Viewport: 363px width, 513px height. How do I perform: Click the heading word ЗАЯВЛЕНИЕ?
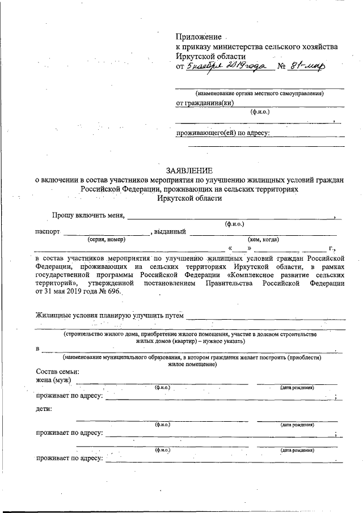tap(189, 170)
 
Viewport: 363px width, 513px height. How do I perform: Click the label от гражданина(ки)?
tap(205, 103)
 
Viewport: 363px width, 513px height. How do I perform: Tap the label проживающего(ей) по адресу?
tap(222, 133)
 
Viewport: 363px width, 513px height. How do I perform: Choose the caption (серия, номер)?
tap(107, 239)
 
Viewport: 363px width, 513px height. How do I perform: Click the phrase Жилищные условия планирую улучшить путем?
tap(110, 315)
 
